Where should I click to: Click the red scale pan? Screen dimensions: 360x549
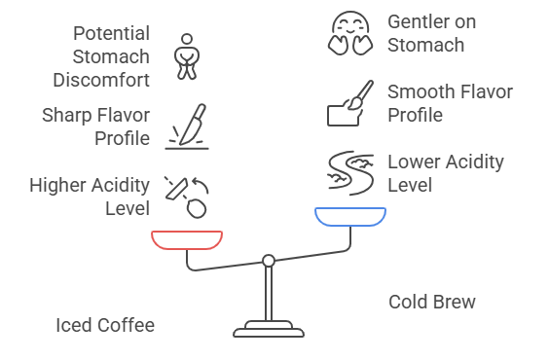[187, 238]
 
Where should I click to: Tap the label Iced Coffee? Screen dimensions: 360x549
[104, 325]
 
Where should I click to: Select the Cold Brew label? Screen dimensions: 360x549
[432, 302]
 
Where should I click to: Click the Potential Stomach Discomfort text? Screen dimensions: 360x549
[110, 54]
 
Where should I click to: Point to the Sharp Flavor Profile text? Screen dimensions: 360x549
[95, 126]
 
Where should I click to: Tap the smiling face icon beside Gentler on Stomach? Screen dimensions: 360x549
[349, 35]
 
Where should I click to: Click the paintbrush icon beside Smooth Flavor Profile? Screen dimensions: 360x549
[350, 104]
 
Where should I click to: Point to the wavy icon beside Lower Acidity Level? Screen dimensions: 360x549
[350, 173]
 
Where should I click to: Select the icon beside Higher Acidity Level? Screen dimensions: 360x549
[187, 196]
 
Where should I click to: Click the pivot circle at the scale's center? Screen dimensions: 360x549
[268, 260]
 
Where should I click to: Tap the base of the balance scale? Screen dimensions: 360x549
[268, 329]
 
